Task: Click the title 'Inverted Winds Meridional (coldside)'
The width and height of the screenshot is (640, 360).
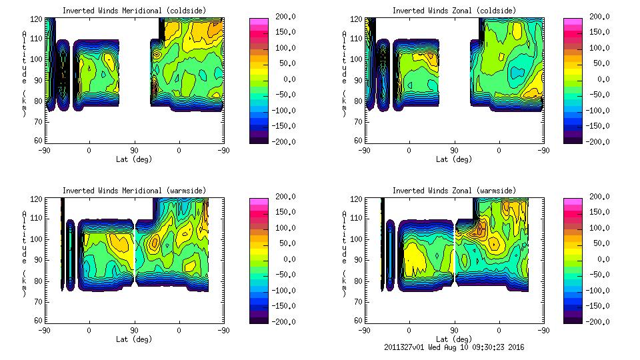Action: [134, 11]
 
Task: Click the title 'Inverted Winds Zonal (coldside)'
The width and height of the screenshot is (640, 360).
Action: [454, 11]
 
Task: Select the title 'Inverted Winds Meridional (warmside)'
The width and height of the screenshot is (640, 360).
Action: [134, 191]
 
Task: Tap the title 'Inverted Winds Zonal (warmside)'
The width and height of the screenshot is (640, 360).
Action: [454, 191]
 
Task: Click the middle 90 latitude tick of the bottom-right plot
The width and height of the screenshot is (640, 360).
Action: [454, 330]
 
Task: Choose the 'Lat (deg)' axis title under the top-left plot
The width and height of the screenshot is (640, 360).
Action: [134, 159]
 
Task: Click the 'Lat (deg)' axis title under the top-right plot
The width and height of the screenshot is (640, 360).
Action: [454, 159]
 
